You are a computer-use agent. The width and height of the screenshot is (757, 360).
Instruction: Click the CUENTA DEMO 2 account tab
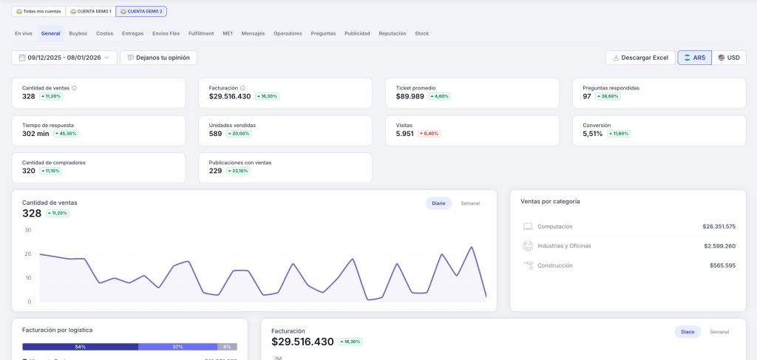pos(141,11)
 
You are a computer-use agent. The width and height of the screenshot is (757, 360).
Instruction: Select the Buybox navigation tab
pos(78,33)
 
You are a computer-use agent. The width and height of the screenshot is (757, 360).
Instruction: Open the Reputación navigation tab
pos(392,33)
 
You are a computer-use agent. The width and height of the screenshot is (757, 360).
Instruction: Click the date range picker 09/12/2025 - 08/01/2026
pos(64,58)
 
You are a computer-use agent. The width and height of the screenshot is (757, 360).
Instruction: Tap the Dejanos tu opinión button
pos(158,58)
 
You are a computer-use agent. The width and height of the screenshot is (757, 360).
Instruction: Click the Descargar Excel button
pos(640,58)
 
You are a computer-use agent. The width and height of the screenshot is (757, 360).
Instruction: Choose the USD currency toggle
pos(729,58)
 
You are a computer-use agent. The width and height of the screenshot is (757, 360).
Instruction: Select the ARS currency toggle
pos(694,58)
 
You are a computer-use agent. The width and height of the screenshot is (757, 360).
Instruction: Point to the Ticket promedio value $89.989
pos(410,96)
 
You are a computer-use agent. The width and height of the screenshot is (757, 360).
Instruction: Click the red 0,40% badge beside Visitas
pos(429,134)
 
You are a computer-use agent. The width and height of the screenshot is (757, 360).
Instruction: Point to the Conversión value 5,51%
pos(593,134)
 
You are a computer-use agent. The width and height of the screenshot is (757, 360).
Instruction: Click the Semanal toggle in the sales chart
pos(470,203)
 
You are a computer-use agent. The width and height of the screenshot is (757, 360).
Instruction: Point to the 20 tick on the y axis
pos(27,254)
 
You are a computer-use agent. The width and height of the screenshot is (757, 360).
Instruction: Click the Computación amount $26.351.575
pos(719,226)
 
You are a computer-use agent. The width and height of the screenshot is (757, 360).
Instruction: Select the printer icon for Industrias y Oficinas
pos(528,245)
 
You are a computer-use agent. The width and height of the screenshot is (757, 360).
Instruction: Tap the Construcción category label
pos(554,265)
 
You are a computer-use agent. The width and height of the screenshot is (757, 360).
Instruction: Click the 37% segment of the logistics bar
pos(177,347)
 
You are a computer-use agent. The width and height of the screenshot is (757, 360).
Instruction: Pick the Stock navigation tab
pos(421,33)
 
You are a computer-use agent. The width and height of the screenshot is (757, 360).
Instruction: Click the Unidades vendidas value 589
pos(216,134)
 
